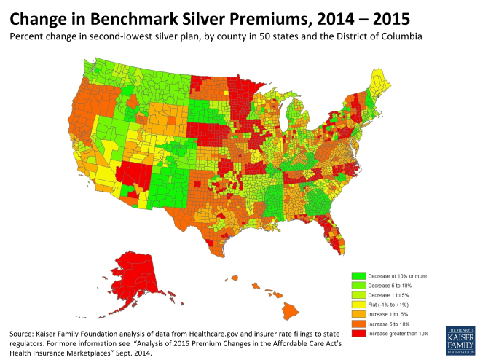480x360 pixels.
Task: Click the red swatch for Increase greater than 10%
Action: pyautogui.click(x=358, y=333)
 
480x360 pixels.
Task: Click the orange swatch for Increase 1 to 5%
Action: pyautogui.click(x=358, y=314)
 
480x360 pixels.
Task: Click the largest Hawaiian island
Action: pyautogui.click(x=291, y=311)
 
